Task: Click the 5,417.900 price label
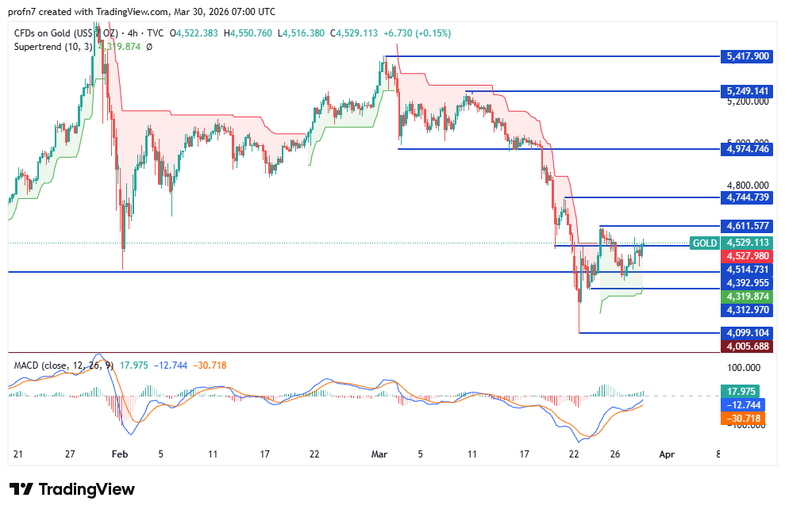click(x=746, y=56)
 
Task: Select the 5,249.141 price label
click(x=746, y=91)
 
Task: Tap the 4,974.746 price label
click(x=746, y=148)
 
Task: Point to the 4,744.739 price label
click(x=746, y=197)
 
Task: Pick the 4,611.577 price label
click(x=746, y=226)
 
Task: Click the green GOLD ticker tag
click(x=704, y=243)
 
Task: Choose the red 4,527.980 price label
click(x=746, y=256)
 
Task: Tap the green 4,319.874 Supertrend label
click(x=746, y=296)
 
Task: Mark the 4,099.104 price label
click(x=746, y=333)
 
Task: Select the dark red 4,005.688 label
click(x=746, y=346)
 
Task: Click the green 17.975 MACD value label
click(x=742, y=391)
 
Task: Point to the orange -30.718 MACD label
click(x=742, y=418)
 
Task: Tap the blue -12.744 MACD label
click(x=742, y=404)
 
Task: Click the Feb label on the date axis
click(x=120, y=454)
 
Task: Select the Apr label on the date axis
click(x=668, y=454)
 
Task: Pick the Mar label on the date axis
click(x=379, y=454)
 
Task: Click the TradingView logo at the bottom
click(x=71, y=489)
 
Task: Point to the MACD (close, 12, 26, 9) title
click(x=63, y=366)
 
